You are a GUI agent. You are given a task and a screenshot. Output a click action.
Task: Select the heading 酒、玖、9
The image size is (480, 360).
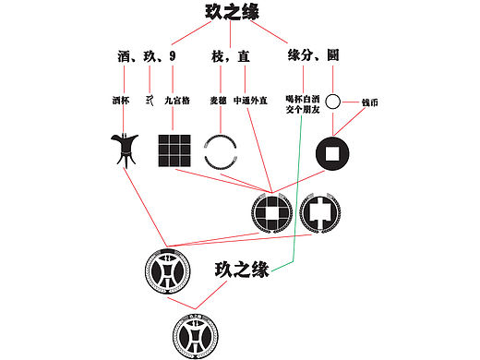coord(147,56)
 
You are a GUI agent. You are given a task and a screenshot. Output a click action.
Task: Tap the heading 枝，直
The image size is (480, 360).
coord(230,56)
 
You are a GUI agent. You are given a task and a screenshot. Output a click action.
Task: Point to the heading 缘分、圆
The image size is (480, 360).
coord(313,56)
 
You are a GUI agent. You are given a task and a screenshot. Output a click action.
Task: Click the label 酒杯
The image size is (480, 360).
coord(121,100)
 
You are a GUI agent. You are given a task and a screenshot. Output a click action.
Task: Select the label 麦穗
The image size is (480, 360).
coord(218,100)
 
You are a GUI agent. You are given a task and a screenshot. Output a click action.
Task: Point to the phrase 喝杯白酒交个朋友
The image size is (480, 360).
coord(303,103)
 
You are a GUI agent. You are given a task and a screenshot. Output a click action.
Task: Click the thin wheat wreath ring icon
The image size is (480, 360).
coord(222,151)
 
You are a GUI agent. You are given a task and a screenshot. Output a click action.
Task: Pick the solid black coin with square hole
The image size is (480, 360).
coord(333,153)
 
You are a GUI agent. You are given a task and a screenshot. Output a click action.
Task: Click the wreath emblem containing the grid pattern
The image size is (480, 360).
coord(272,213)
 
